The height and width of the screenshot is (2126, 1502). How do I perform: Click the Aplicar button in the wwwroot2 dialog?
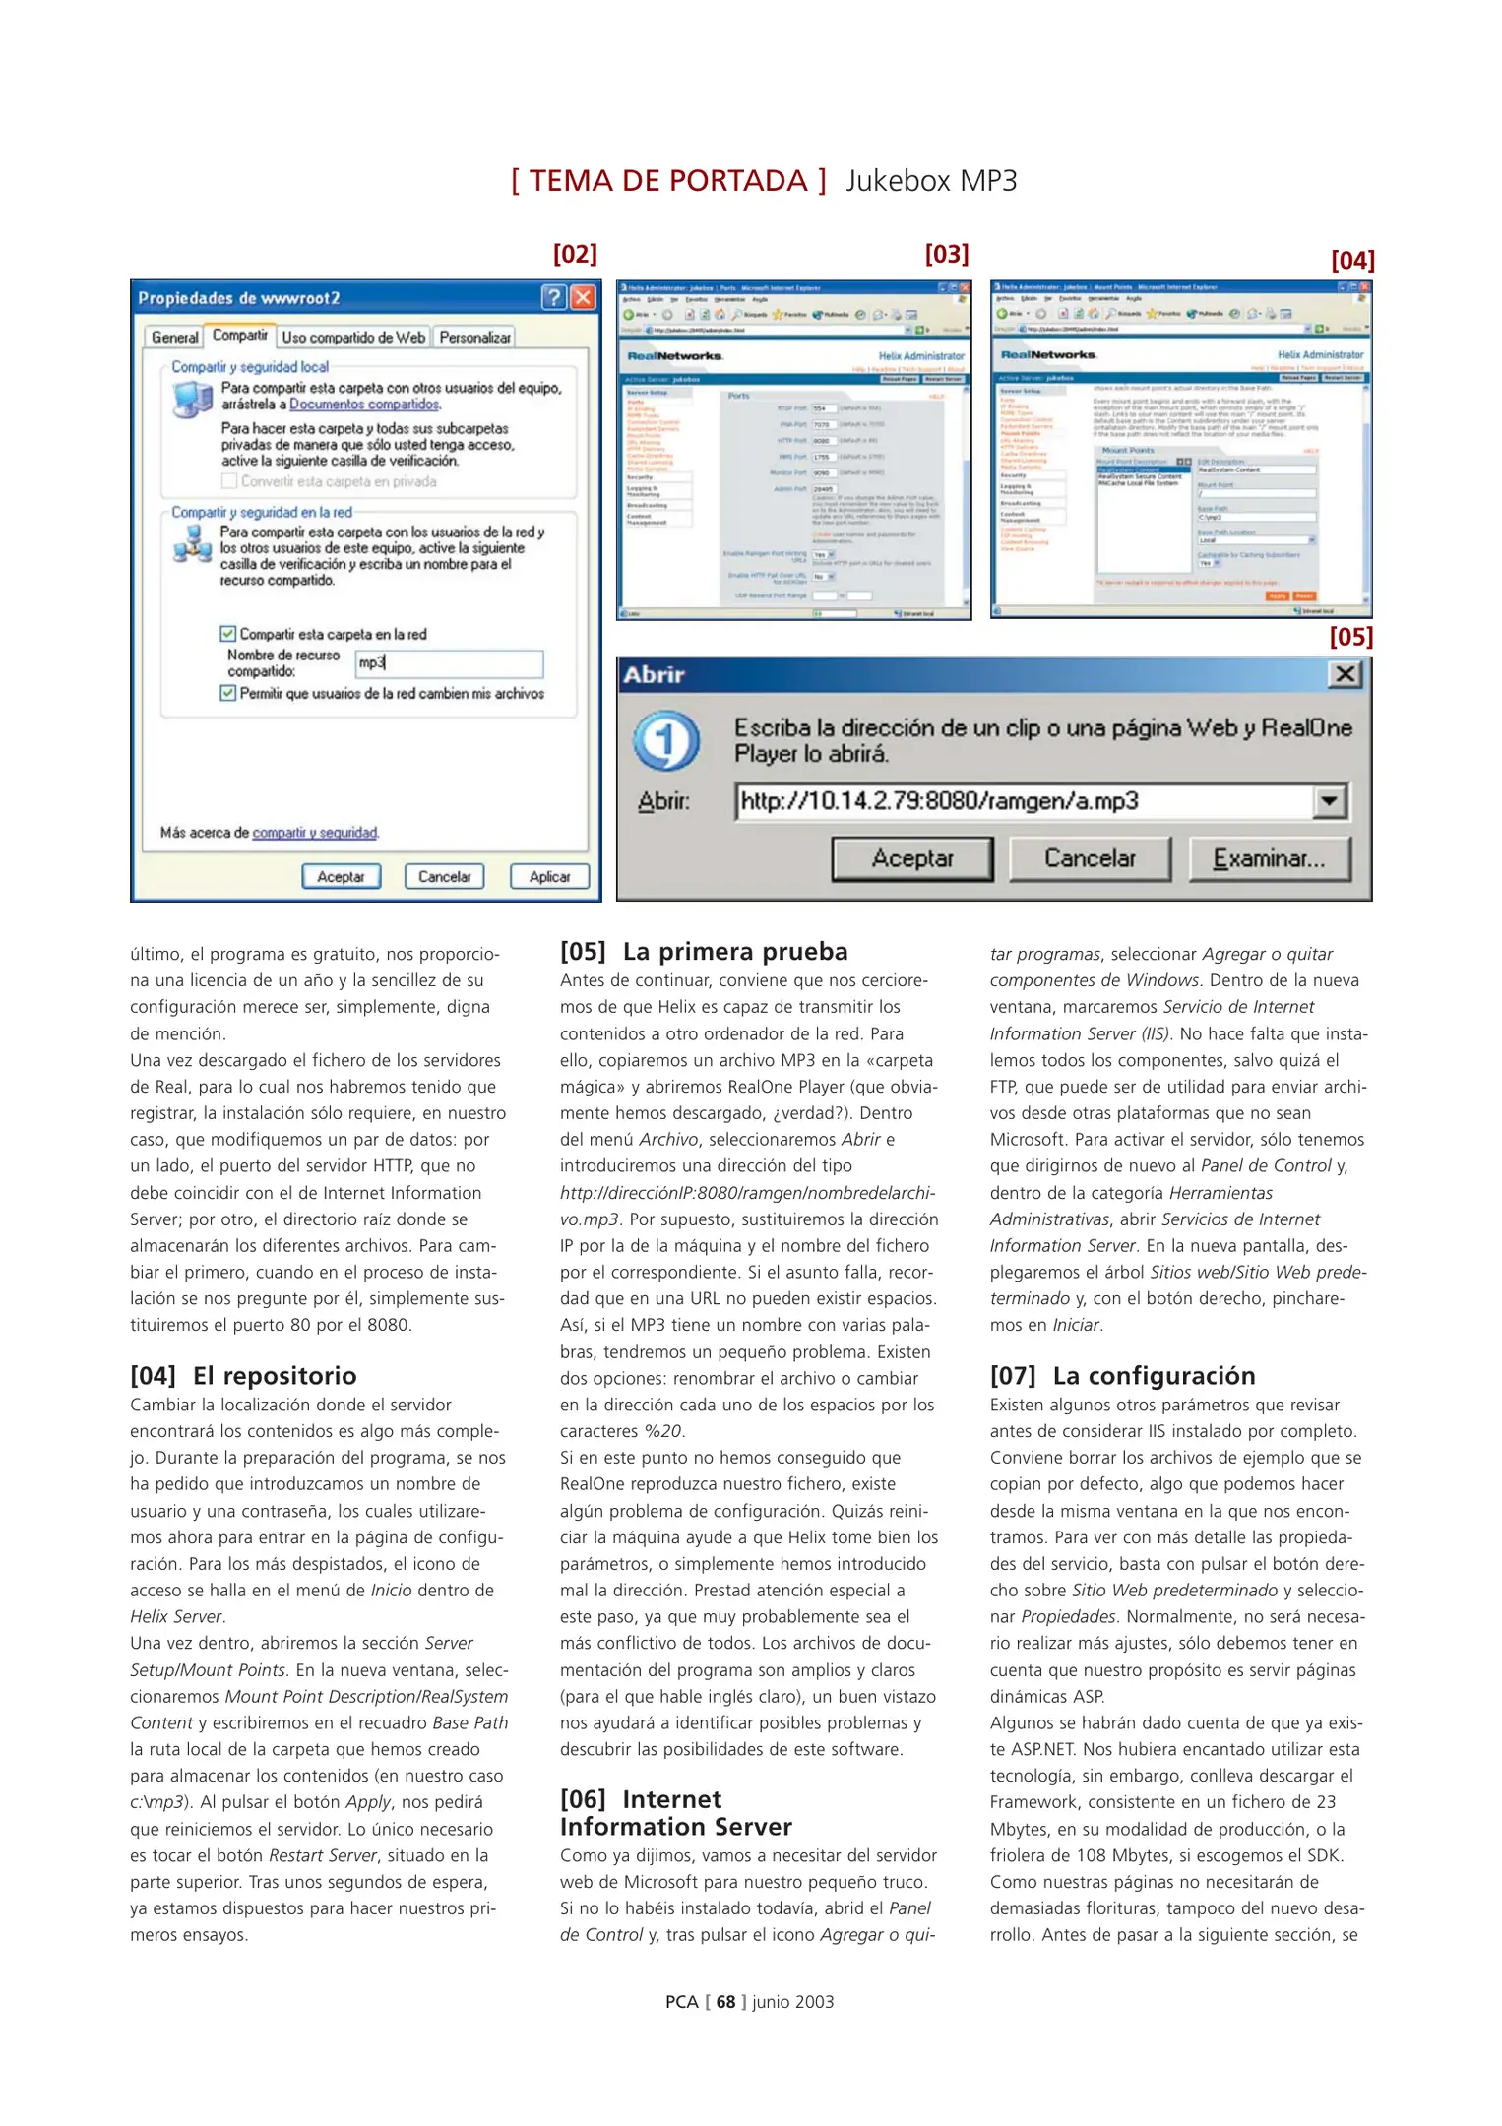[x=549, y=876]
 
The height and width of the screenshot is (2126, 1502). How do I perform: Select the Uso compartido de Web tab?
[x=353, y=338]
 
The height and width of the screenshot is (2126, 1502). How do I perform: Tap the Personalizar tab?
[x=474, y=338]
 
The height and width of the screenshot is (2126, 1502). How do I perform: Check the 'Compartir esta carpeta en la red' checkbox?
[x=228, y=634]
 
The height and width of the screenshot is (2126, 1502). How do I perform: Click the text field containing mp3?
[x=449, y=663]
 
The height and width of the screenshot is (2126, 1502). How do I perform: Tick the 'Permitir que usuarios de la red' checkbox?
[x=228, y=693]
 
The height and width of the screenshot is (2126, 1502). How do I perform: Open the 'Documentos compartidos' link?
[x=364, y=405]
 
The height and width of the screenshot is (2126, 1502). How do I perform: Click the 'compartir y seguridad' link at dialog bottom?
[x=315, y=833]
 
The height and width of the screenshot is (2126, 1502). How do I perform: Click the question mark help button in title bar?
[x=554, y=297]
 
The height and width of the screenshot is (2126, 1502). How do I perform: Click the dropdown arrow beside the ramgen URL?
[x=1329, y=801]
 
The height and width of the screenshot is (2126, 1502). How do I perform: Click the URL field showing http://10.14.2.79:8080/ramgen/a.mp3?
[x=1024, y=801]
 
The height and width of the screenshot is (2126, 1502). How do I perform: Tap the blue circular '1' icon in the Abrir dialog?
[x=666, y=741]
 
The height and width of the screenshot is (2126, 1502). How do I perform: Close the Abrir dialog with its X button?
[x=1345, y=674]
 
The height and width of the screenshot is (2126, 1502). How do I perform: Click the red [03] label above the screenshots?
[x=947, y=255]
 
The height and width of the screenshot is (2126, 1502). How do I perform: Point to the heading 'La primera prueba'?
[x=734, y=952]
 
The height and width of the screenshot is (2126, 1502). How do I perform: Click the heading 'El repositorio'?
[x=275, y=1376]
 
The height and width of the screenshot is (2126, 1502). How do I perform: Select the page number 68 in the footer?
[x=725, y=2002]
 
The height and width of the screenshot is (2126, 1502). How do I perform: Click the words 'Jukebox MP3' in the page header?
[x=931, y=181]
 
